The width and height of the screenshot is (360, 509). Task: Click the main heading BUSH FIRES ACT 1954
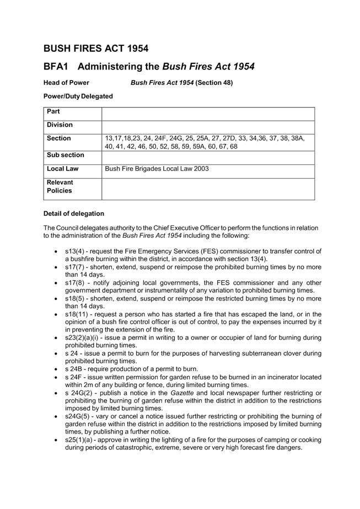[x=96, y=49]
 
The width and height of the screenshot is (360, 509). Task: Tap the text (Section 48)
[x=214, y=83]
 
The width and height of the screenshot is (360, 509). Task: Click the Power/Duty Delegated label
[x=78, y=97]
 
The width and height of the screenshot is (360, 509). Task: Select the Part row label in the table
[x=53, y=112]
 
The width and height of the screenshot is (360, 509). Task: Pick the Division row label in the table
[x=60, y=125]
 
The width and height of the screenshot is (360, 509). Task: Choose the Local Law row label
[x=62, y=169]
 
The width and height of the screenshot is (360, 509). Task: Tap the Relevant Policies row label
[x=60, y=186]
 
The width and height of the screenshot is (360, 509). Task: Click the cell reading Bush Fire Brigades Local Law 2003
[x=157, y=169]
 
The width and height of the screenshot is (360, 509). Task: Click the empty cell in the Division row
[x=208, y=126]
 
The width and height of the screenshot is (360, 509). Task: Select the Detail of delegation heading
[x=73, y=214]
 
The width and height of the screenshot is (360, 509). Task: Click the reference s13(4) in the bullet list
[x=75, y=251]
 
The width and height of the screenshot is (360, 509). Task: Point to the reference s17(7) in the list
[x=75, y=267]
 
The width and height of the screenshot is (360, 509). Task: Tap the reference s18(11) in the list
[x=77, y=314]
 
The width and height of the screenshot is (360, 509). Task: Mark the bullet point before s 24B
[x=57, y=369]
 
